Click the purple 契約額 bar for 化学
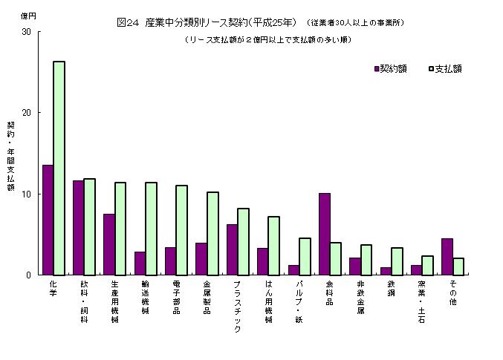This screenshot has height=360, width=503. [x=48, y=220]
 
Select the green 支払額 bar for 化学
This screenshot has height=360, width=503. [x=59, y=168]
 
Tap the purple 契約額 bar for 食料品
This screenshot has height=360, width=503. [x=324, y=234]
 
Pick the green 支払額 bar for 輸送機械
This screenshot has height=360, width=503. [x=151, y=229]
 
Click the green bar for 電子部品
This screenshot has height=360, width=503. [x=181, y=230]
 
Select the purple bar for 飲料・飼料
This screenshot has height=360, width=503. [x=78, y=227]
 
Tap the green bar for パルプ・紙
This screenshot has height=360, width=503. [x=305, y=256]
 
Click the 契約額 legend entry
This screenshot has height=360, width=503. [x=391, y=69]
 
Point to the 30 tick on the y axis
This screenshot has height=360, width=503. [x=27, y=32]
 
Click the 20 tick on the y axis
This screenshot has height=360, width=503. [x=27, y=113]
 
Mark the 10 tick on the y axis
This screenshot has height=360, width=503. [x=27, y=194]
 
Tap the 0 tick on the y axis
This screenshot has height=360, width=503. [x=29, y=275]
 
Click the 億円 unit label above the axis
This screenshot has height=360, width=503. [x=27, y=15]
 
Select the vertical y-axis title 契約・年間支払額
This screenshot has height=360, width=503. [x=11, y=156]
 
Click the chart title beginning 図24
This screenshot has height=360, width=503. [x=207, y=22]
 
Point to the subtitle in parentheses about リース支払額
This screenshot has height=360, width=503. [x=268, y=39]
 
